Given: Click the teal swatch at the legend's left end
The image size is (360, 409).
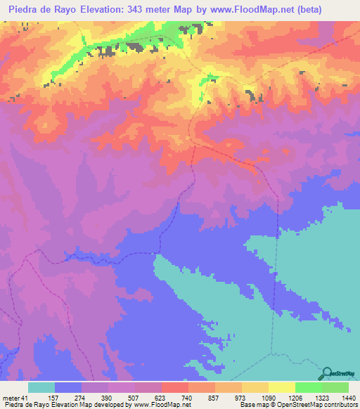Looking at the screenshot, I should click(41, 387).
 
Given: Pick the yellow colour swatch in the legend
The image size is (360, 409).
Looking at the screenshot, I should click(281, 387).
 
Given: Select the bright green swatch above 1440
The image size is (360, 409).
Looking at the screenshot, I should click(335, 387).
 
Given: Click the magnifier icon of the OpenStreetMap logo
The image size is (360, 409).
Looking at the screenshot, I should click(327, 373).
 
